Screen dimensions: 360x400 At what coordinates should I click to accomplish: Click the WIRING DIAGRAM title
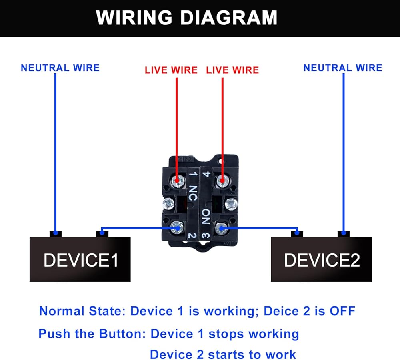coord(186,18)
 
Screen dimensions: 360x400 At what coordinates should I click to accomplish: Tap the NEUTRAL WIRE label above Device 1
coord(60,68)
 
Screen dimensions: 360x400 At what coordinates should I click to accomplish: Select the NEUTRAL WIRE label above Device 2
coord(342,68)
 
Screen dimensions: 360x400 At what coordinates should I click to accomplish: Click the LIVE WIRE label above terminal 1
coord(171,70)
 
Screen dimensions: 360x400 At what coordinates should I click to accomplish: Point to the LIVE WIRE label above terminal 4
coord(232,70)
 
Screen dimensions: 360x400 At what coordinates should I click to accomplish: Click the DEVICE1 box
coord(80,259)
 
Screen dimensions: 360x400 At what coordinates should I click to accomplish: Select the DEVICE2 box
coord(322,259)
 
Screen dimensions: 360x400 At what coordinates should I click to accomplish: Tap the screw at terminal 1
coord(176,182)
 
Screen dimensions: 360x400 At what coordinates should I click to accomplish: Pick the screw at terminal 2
coord(176,229)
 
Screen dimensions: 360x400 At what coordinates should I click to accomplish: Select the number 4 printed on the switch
coord(206,175)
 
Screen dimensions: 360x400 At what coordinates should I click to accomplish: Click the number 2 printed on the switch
coord(192,236)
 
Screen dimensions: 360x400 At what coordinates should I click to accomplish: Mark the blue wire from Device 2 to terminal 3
coord(260,229)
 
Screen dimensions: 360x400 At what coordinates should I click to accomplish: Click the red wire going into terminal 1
coord(176,128)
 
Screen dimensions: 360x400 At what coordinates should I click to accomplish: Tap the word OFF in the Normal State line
coord(342,311)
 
